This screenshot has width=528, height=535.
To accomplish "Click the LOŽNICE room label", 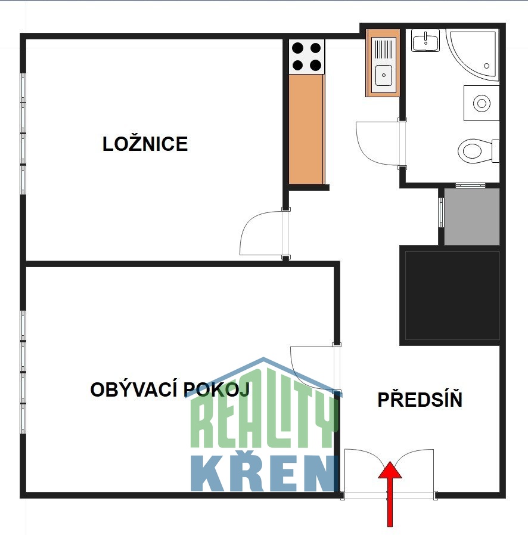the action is [145, 143].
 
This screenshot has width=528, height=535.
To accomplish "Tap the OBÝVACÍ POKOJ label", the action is [170, 389].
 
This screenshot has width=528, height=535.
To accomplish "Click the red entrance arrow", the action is [390, 494].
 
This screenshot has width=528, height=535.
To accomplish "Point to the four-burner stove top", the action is [307, 57].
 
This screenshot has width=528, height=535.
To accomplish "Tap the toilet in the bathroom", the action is [478, 151].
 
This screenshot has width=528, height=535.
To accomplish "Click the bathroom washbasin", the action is [425, 41].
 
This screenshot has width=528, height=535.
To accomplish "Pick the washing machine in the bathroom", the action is [482, 103].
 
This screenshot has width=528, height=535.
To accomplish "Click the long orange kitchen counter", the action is [307, 129].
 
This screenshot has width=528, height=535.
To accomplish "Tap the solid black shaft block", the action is [452, 295].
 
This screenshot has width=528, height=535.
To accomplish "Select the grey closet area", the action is [472, 217].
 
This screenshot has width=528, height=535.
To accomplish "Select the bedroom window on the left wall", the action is [23, 134].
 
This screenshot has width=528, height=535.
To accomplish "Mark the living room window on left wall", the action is [23, 372].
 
